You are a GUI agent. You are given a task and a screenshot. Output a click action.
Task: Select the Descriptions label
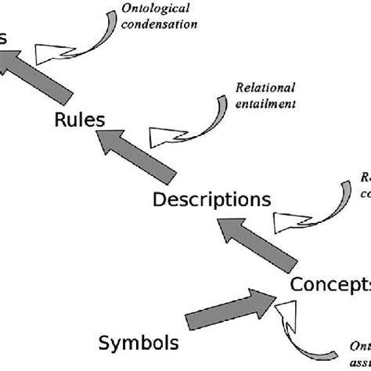(x=211, y=200)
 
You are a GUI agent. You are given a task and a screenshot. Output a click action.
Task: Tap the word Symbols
(x=139, y=342)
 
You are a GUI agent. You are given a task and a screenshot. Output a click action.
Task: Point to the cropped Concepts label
(x=330, y=283)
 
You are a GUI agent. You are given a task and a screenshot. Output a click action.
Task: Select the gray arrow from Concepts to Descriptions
(x=258, y=243)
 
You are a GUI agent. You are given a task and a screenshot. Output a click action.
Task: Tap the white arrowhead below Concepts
(x=287, y=317)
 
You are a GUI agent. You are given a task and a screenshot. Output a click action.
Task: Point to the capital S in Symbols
(x=106, y=342)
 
